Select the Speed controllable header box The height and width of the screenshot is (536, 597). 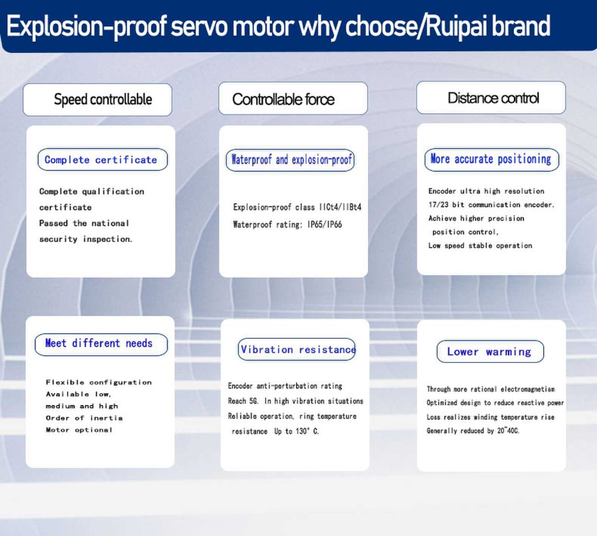click(x=97, y=99)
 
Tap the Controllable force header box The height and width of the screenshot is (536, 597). click(x=293, y=99)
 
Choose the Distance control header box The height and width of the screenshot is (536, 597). click(x=491, y=98)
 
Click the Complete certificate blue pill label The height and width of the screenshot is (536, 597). click(x=103, y=160)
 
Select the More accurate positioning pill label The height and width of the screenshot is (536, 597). click(x=491, y=159)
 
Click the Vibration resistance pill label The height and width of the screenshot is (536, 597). click(x=297, y=349)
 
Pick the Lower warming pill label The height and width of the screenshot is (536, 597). click(x=490, y=352)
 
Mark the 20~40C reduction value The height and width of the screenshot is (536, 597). click(x=508, y=431)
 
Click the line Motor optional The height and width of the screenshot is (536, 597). click(x=79, y=430)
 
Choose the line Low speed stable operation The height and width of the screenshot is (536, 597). click(x=480, y=245)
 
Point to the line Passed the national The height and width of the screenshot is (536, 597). click(x=84, y=223)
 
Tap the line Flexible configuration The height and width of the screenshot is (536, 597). click(x=98, y=382)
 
